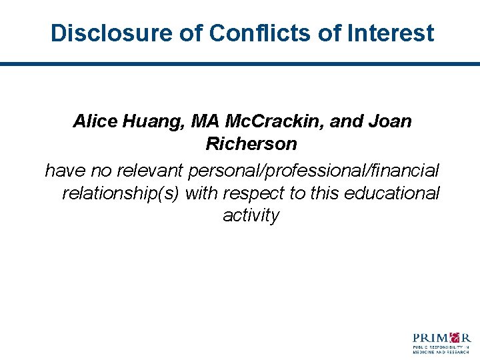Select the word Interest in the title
(x=389, y=33)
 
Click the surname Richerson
(x=251, y=144)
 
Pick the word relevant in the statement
(x=151, y=171)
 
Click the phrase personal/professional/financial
(x=314, y=171)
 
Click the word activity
(x=251, y=216)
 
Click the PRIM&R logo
(x=442, y=341)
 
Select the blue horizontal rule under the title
(x=240, y=64)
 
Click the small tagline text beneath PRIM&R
(x=442, y=349)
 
